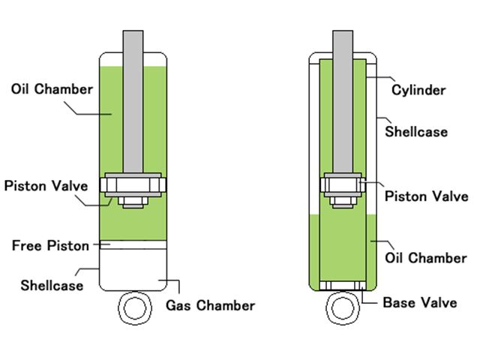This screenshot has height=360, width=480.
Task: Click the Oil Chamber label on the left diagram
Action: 52,89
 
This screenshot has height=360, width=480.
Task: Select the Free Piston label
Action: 50,245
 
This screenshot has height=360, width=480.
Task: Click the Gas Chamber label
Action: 210,305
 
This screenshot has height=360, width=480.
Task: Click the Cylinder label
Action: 418,90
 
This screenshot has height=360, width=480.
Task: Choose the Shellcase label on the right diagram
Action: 416,132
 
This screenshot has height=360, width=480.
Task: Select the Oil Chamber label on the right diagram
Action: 425,258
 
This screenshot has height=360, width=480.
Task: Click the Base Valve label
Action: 420,303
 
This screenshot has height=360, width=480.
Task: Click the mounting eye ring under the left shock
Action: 134,309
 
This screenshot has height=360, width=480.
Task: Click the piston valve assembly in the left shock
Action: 134,188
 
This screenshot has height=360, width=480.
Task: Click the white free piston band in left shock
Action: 134,244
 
